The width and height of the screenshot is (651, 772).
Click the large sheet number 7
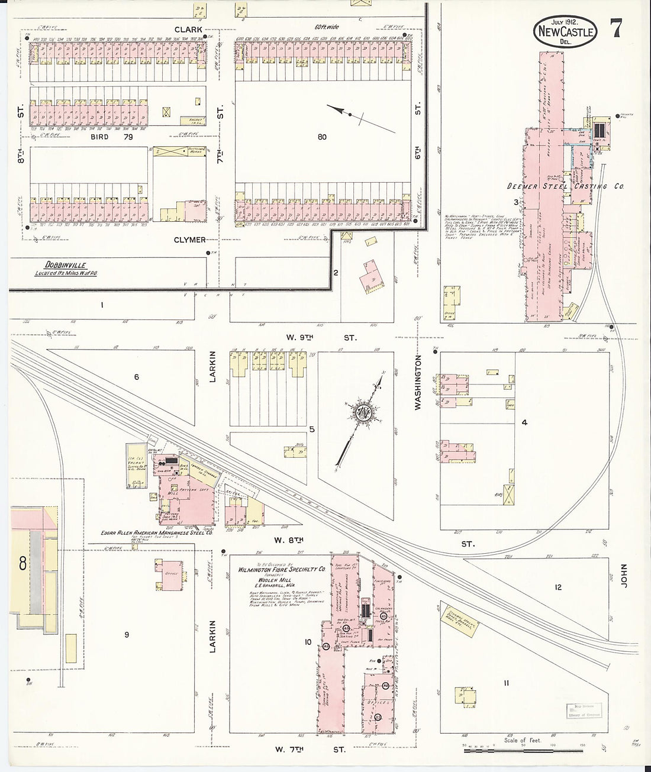point(616,28)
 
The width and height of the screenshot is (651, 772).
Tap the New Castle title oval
point(565,32)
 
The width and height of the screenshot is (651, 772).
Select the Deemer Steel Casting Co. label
point(565,186)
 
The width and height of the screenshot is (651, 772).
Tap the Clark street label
point(188,29)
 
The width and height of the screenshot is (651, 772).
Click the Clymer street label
point(189,240)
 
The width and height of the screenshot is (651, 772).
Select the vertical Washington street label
point(418,383)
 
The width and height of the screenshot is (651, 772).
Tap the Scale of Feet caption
point(523,740)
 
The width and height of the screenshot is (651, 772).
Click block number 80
point(321,137)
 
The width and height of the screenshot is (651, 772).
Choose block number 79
point(128,137)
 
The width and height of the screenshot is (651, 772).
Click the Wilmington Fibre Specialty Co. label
point(282,570)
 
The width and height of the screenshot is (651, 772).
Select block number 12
point(557,587)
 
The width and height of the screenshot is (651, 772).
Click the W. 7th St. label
point(310,749)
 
